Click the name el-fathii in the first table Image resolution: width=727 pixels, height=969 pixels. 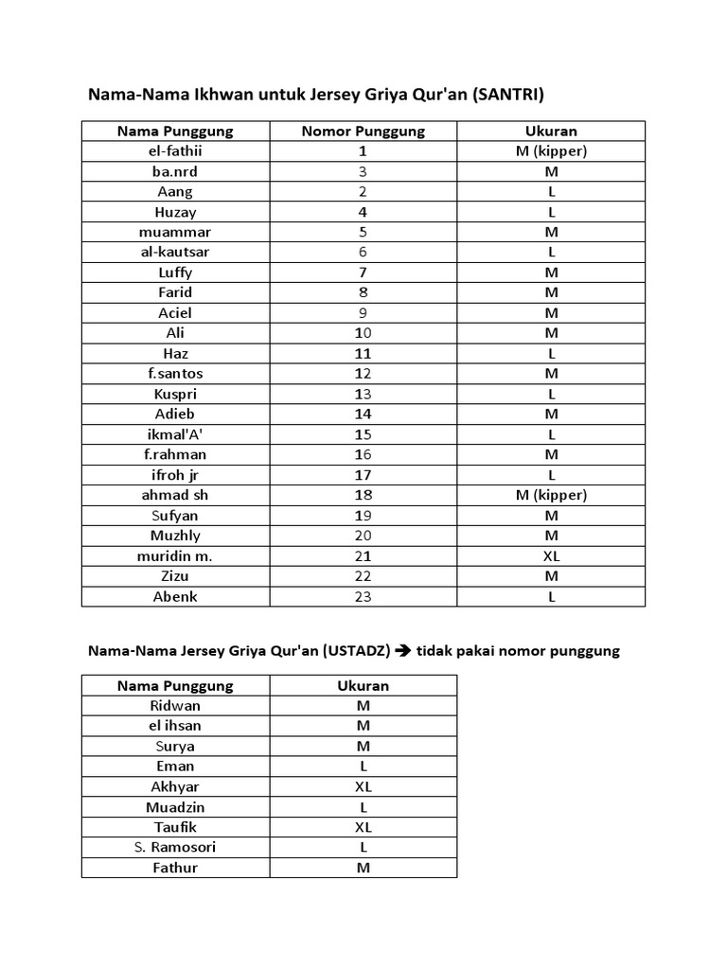(x=175, y=151)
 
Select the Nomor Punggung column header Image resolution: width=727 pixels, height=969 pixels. (x=363, y=131)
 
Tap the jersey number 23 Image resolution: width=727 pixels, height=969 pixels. (x=363, y=597)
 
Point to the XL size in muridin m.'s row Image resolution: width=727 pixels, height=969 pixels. (x=551, y=556)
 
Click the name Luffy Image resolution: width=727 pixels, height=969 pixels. (x=175, y=273)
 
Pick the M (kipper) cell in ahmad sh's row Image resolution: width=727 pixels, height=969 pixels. (x=551, y=495)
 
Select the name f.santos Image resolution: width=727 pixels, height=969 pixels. (x=175, y=374)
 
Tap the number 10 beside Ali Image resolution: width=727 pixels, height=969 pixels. (x=363, y=333)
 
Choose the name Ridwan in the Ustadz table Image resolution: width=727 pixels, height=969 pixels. (x=175, y=706)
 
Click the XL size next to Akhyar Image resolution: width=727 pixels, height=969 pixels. (x=363, y=786)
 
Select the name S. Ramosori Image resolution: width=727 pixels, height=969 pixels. (x=175, y=847)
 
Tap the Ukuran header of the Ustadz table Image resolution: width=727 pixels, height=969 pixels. (x=363, y=685)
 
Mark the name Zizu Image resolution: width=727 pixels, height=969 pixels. (x=175, y=576)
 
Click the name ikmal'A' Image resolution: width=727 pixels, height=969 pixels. (x=175, y=434)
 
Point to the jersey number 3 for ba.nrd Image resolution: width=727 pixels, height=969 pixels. (x=363, y=171)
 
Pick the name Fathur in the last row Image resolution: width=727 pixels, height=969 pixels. (x=175, y=868)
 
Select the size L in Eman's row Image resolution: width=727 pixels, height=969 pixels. (x=363, y=766)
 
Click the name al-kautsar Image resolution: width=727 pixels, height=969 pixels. (x=175, y=253)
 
